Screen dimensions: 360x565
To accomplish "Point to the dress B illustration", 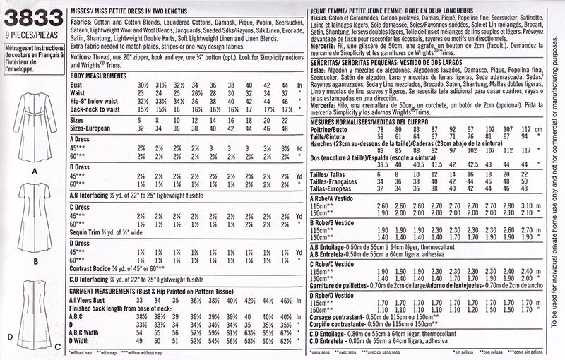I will click(x=29, y=218).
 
